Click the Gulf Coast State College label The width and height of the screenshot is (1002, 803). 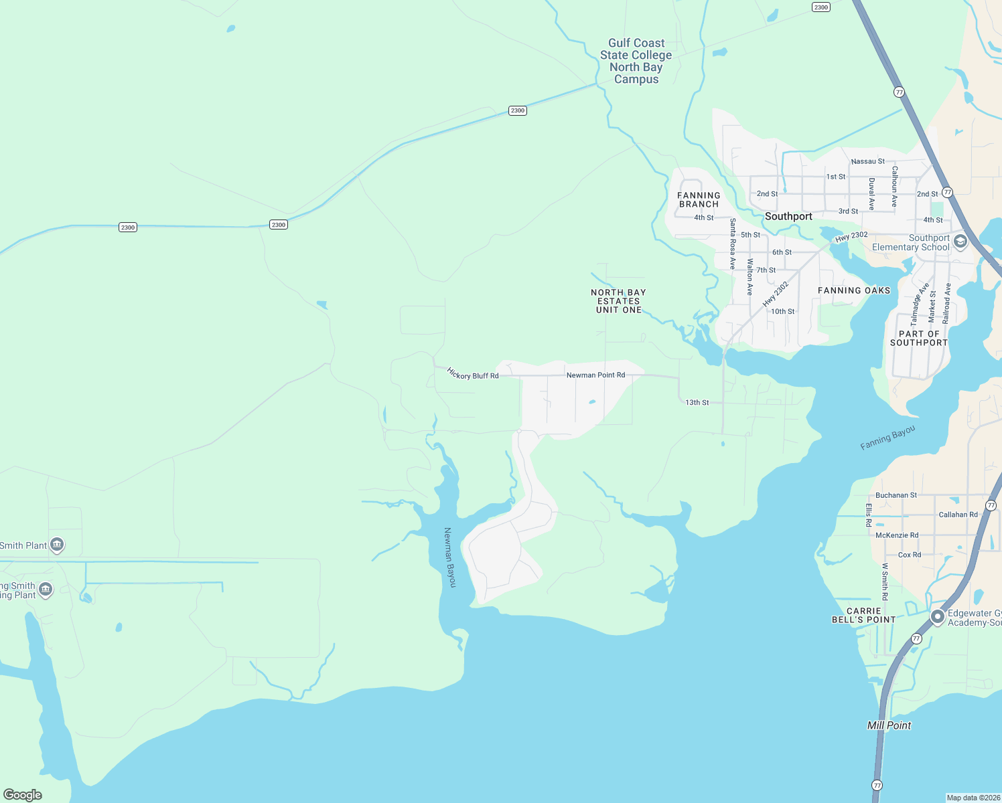[x=636, y=61]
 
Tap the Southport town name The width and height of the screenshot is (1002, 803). [x=788, y=217]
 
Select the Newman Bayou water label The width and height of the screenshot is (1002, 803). [x=450, y=557]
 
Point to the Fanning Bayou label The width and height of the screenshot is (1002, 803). [x=887, y=438]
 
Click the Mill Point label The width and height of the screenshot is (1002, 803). [x=889, y=725]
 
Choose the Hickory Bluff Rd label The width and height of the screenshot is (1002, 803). [x=473, y=374]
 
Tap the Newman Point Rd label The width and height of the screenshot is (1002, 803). [x=595, y=375]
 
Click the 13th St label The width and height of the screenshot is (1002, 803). [x=697, y=403]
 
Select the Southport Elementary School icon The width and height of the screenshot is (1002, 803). [x=960, y=242]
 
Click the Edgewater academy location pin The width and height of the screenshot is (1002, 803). [x=938, y=616]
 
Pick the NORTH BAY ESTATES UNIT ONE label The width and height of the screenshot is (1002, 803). [x=618, y=301]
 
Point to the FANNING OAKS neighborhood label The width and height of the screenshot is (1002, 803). [x=854, y=290]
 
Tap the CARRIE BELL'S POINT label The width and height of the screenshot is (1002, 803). [x=863, y=616]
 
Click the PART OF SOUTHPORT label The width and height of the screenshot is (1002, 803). [x=919, y=338]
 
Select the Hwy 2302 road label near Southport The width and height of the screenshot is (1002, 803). [x=851, y=237]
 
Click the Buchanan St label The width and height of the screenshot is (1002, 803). [x=896, y=496]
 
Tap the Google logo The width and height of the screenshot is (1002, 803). [x=23, y=794]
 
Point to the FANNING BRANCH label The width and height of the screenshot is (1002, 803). [x=699, y=200]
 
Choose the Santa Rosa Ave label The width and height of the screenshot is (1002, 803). [x=733, y=244]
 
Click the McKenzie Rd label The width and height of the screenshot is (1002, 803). [x=897, y=535]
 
